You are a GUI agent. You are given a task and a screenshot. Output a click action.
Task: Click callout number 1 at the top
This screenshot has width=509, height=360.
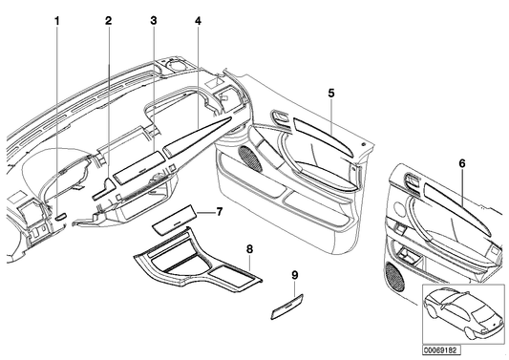[x=56, y=20]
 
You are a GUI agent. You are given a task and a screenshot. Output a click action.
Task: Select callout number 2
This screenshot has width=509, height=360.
[x=108, y=20]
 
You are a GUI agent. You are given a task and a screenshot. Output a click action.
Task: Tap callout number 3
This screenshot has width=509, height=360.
[x=153, y=20]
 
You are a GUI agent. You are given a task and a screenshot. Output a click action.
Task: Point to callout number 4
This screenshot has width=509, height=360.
[x=197, y=20]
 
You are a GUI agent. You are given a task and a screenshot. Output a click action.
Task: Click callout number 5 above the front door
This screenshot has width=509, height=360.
[x=330, y=93]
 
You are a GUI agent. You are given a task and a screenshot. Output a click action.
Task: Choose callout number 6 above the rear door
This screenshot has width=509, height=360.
[x=461, y=164]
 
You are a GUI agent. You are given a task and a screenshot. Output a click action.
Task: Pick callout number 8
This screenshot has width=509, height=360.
[x=249, y=250]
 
